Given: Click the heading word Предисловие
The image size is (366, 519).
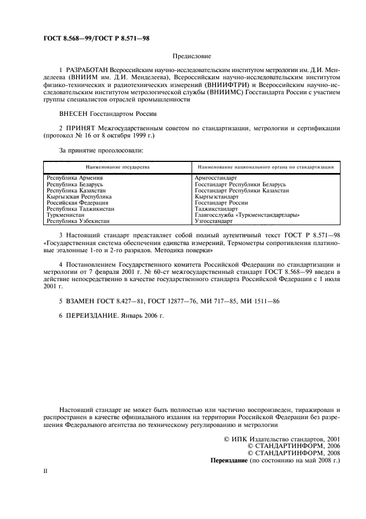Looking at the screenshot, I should pyautogui.click(x=192, y=56).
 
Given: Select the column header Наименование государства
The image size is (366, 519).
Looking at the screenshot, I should pyautogui.click(x=117, y=167).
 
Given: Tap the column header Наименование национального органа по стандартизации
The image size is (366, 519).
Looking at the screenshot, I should pyautogui.click(x=265, y=167).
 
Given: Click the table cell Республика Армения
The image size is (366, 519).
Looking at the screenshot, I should pyautogui.click(x=74, y=177).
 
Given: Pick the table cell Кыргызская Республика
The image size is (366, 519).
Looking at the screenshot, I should pyautogui.click(x=79, y=196).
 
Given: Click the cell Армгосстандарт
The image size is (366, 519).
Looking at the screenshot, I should pyautogui.click(x=216, y=177).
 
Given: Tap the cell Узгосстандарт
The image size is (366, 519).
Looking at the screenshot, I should pyautogui.click(x=214, y=221).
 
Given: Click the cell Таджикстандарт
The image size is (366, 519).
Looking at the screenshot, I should pyautogui.click(x=216, y=208).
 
